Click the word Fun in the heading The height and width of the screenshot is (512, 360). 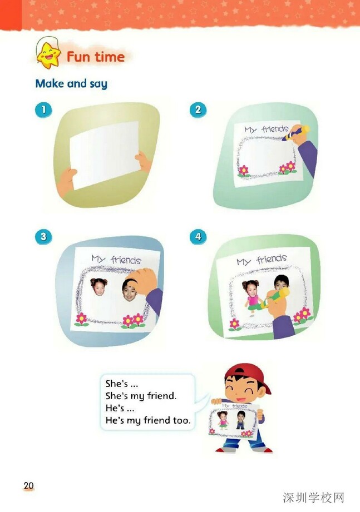78,57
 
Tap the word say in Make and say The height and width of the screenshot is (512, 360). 98,84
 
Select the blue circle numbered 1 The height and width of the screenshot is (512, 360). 43,110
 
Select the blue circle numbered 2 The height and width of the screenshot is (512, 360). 198,110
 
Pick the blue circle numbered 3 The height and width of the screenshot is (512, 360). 43,236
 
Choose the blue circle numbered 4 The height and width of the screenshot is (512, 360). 198,236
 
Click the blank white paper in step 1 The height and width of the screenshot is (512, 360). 105,155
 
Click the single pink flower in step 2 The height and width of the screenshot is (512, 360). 243,171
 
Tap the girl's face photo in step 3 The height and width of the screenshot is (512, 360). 98,287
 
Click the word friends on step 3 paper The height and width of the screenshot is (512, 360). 126,260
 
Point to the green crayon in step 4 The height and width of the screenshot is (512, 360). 274,298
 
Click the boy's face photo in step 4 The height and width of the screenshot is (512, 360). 281,282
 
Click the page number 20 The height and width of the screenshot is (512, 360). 29,485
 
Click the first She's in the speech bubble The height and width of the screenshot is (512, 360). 117,384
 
